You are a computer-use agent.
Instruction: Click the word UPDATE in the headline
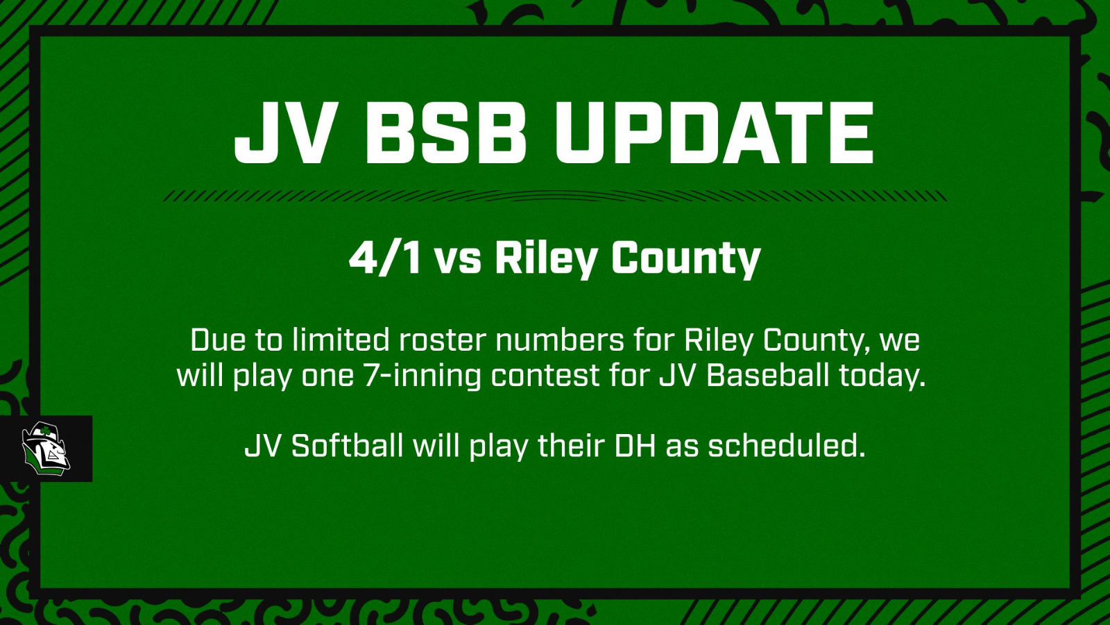[714, 133]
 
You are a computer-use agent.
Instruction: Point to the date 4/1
[385, 258]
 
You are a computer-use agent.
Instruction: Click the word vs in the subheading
[458, 261]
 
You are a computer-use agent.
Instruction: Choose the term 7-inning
[422, 376]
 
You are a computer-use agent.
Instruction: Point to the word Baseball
[767, 376]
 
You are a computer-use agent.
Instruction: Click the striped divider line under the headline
[555, 196]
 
